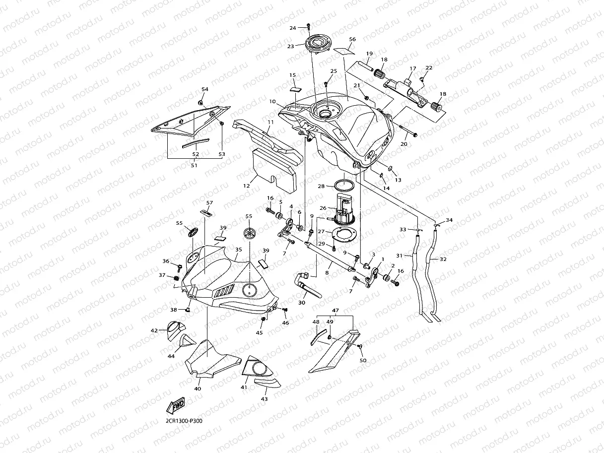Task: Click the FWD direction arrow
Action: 176,405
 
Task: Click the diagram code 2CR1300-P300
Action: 184,421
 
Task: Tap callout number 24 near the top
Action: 293,28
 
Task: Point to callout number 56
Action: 352,39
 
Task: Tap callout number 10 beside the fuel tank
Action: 272,102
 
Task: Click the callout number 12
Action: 247,186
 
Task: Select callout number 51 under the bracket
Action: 194,165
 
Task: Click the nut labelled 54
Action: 201,103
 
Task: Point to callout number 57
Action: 209,203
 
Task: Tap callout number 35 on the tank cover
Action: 239,250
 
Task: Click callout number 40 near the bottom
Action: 198,388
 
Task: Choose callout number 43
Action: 264,399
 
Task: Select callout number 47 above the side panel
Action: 336,310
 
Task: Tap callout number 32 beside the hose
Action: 443,259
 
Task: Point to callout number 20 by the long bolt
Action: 403,144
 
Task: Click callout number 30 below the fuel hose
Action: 302,303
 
